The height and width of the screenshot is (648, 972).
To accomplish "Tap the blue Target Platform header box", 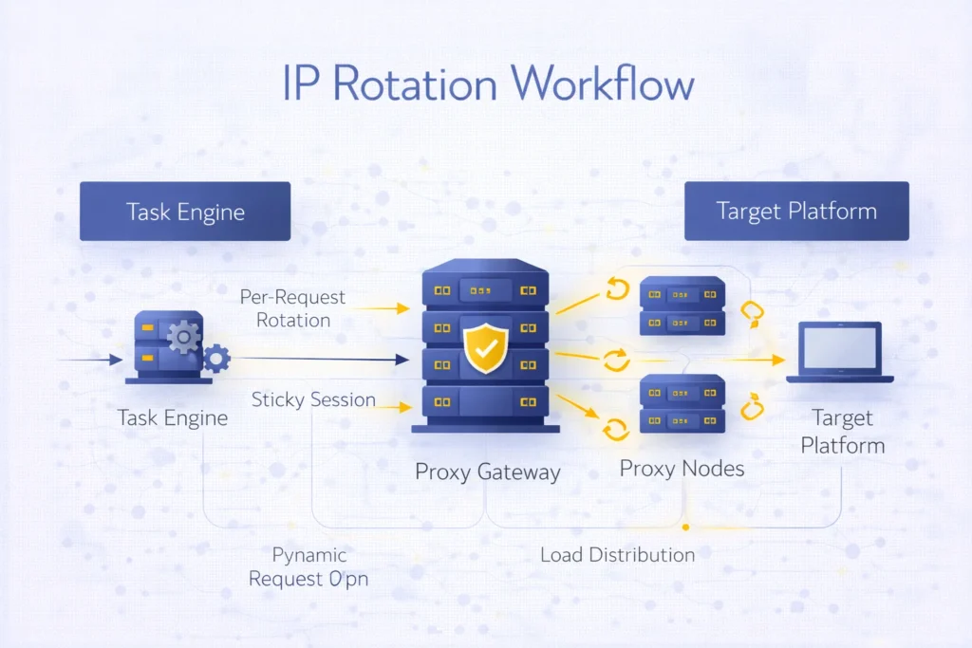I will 796,211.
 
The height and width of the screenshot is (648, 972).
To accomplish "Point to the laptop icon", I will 840,353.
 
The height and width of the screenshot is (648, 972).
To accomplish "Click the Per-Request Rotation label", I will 292,308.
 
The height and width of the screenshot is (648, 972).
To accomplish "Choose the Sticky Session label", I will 313,399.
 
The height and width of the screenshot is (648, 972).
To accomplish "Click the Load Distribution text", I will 617,554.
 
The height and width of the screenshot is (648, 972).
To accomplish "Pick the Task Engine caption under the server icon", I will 173,417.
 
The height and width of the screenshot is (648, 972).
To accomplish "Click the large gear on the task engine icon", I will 183,336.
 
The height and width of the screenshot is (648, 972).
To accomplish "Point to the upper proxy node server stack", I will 682,305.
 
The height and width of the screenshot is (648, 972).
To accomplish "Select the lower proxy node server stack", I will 682,404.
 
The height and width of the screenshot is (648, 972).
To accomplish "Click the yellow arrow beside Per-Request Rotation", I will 388,308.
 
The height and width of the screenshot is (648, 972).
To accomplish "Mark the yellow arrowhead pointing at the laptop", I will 778,361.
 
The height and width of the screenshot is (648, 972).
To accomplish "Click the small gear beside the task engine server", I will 217,358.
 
